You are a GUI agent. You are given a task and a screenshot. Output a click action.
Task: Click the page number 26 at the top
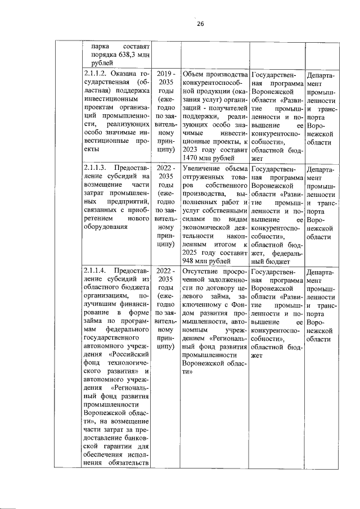click(200, 23)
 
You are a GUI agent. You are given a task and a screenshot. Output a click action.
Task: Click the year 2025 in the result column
click(194, 252)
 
